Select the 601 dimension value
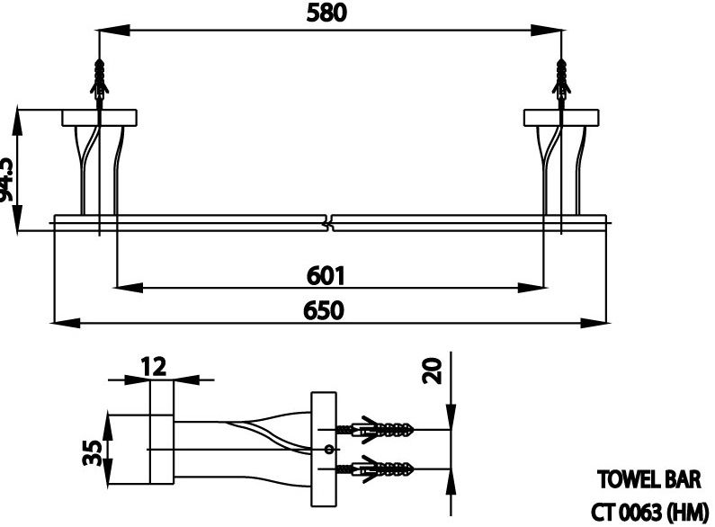click(x=325, y=273)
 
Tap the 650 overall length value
click(x=323, y=310)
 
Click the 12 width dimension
click(x=155, y=366)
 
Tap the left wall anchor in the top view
click(x=99, y=78)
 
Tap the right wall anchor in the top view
click(x=561, y=78)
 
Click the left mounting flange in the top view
click(x=98, y=118)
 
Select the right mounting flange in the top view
click(x=559, y=118)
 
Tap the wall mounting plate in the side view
click(x=321, y=449)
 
